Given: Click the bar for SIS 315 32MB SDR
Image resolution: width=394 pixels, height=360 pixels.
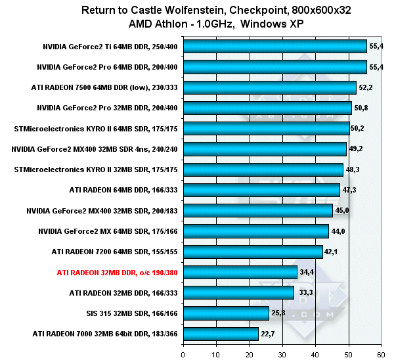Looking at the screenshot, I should [x=226, y=313].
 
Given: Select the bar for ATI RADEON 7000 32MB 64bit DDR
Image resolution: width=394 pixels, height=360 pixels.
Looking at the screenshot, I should [x=221, y=334].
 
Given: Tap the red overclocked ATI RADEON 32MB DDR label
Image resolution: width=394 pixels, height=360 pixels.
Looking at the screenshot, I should [x=118, y=272].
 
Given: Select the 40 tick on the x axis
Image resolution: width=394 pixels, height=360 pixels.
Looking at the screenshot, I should [x=315, y=353].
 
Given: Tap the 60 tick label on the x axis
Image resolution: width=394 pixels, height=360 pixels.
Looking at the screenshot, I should [x=381, y=353].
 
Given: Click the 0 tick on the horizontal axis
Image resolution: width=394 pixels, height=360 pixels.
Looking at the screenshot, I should [x=183, y=353].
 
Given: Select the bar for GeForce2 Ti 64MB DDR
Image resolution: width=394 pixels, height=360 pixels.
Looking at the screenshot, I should [x=274, y=46].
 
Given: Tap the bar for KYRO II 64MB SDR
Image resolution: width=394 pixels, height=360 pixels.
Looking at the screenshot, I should [x=266, y=128].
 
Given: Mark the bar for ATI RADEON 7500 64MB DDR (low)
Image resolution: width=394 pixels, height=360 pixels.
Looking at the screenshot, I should [x=269, y=87].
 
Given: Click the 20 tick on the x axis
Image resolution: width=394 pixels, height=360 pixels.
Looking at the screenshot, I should [x=249, y=353].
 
